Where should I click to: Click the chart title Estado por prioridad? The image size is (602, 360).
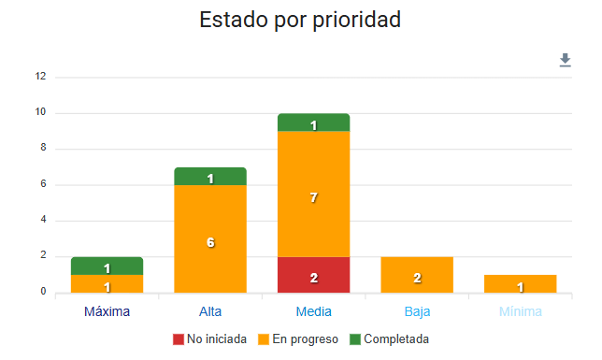point(300,20)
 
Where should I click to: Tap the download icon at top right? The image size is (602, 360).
point(565,61)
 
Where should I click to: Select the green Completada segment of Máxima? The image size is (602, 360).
point(107,266)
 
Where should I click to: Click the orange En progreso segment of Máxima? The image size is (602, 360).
point(107,283)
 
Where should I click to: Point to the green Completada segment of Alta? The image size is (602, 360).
point(210,177)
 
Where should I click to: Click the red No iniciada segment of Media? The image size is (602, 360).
point(313,275)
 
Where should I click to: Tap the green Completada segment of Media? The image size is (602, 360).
point(313,122)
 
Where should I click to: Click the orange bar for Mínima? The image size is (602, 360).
point(520,283)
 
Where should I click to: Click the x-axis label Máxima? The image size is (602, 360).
point(107,310)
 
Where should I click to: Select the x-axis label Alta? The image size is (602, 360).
point(210,310)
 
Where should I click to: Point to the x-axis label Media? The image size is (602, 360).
point(313,310)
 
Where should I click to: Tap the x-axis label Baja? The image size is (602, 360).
point(417,310)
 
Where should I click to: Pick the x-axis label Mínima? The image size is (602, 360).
point(520,310)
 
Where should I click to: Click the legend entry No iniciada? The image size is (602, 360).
point(210,338)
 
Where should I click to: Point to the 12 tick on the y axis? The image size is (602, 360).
point(40,77)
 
